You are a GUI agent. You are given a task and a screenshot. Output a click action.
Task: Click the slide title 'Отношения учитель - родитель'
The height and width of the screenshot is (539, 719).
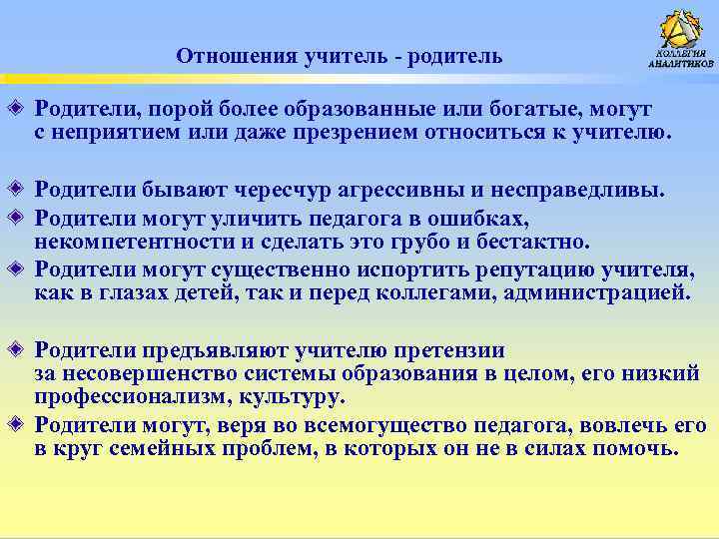339,56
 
